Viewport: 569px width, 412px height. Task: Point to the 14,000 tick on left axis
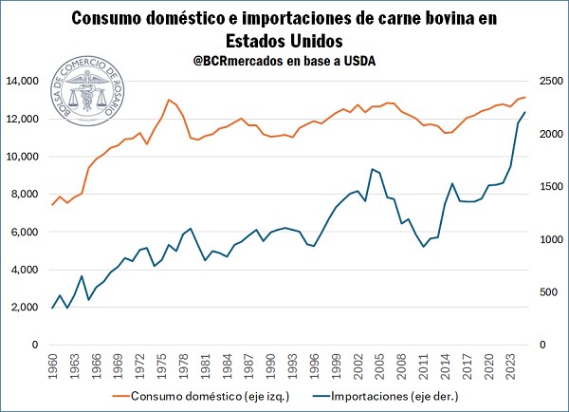pos(28,82)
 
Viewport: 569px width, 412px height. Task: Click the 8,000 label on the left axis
pos(31,195)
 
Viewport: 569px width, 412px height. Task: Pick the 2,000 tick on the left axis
pos(31,308)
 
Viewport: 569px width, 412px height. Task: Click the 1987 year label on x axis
pos(248,365)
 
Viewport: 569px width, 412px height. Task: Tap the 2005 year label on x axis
pos(379,365)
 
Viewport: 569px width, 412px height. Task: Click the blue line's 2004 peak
pos(372,169)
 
